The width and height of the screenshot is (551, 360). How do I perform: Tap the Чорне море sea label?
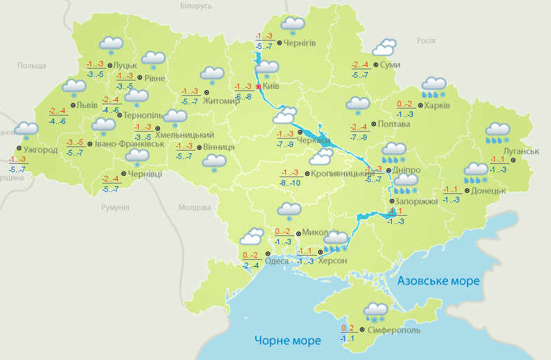coord(287,340)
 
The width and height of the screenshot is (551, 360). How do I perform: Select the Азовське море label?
coord(438,281)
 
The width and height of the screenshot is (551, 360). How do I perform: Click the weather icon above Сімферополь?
coord(376,312)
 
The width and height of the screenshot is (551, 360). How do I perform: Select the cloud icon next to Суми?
coord(384,48)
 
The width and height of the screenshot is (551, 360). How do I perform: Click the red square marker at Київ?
coord(258,87)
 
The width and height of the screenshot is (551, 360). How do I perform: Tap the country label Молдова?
coord(194,208)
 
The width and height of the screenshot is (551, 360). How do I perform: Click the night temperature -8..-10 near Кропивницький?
coord(290,182)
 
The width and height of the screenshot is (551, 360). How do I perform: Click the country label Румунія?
coord(115,208)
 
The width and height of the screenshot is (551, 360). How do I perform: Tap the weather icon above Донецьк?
coord(477,172)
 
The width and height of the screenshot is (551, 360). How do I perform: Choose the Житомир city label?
coord(222,100)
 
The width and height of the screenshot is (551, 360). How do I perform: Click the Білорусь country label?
coord(196,6)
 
